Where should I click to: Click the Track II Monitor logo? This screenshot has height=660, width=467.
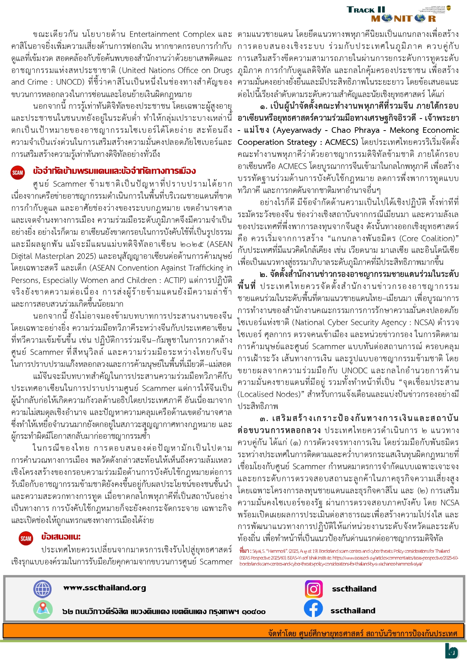click(x=398, y=14)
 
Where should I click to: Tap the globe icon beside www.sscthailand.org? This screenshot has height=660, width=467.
click(x=42, y=589)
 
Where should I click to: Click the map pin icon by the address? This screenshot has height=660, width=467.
click(x=42, y=610)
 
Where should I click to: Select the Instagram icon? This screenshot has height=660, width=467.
click(x=314, y=589)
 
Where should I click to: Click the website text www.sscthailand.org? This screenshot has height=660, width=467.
click(x=104, y=588)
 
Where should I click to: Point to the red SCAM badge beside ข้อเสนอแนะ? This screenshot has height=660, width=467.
click(x=26, y=538)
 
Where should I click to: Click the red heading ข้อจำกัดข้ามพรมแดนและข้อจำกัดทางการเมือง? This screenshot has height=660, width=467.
click(x=114, y=171)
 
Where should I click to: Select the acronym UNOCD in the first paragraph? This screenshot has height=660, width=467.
click(x=69, y=82)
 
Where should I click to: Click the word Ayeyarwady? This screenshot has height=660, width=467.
click(x=297, y=130)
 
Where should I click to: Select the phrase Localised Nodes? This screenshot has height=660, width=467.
click(x=269, y=394)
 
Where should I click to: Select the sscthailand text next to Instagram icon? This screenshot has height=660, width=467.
click(x=354, y=589)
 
